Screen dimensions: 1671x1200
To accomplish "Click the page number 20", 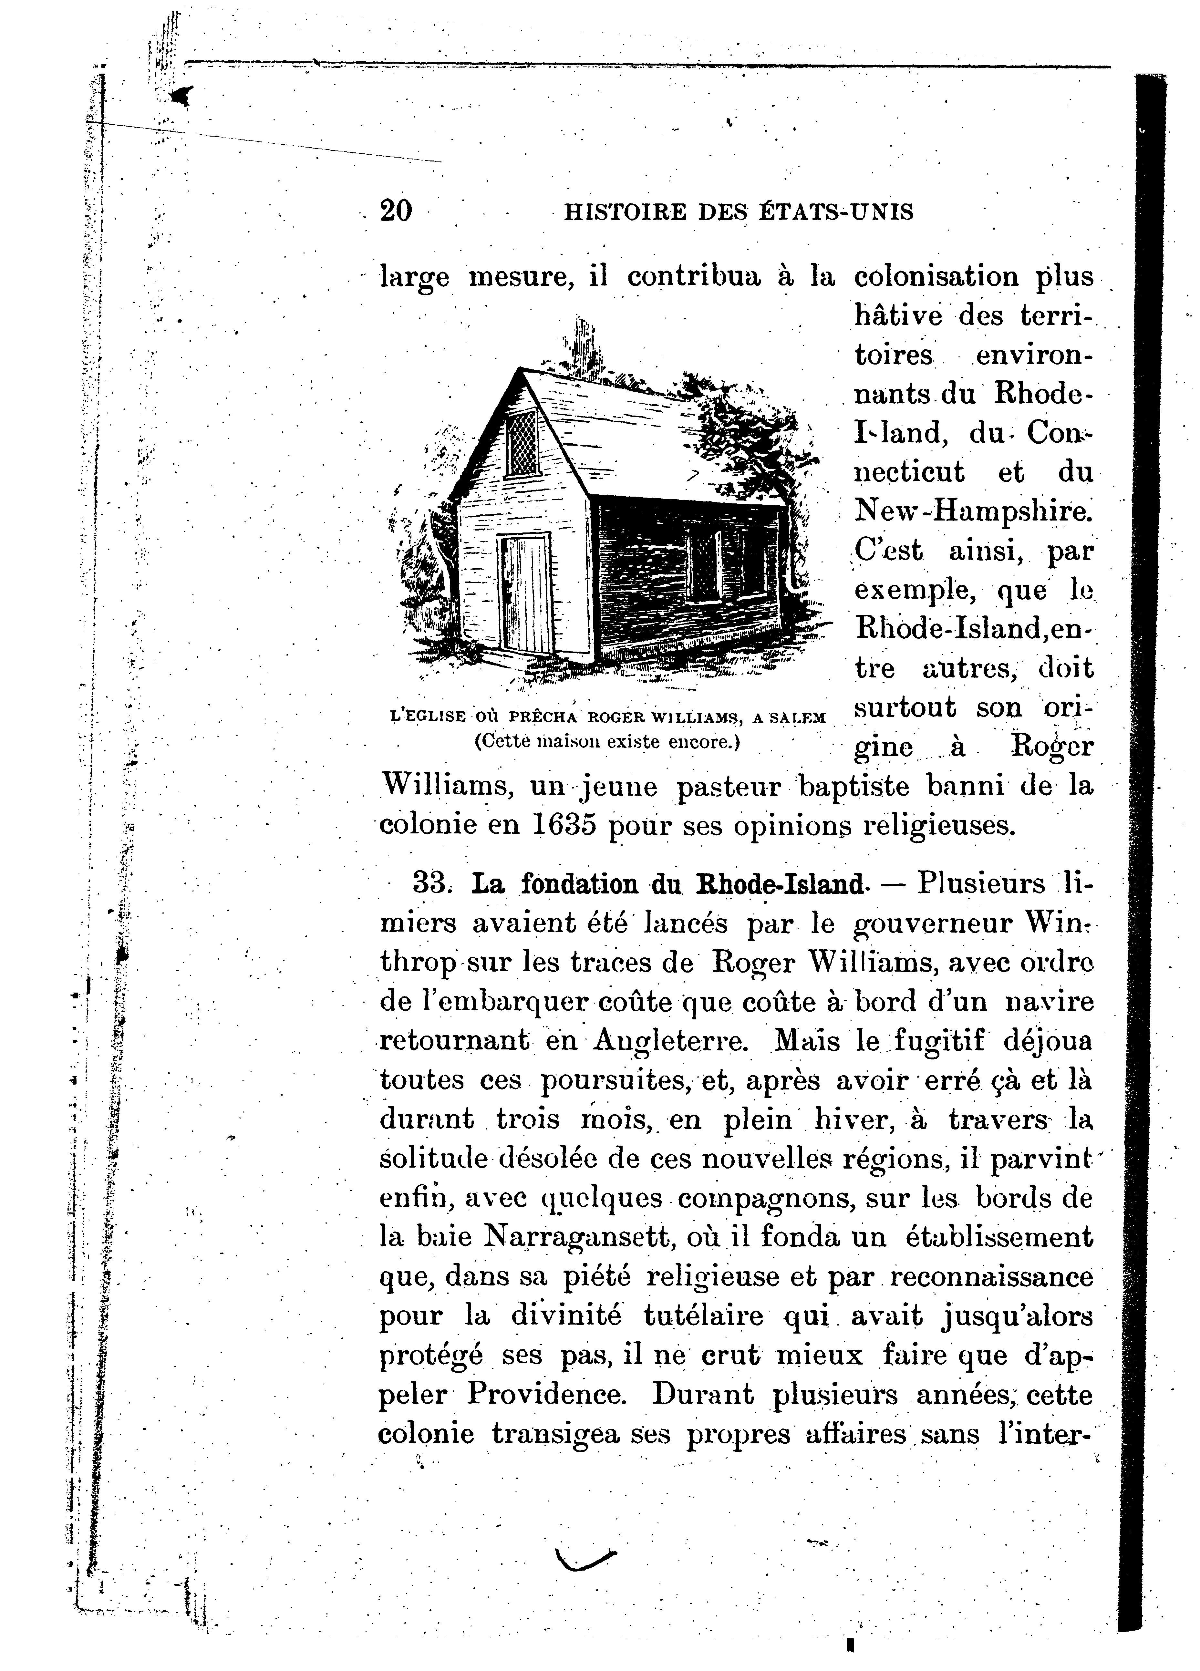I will coord(396,211).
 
